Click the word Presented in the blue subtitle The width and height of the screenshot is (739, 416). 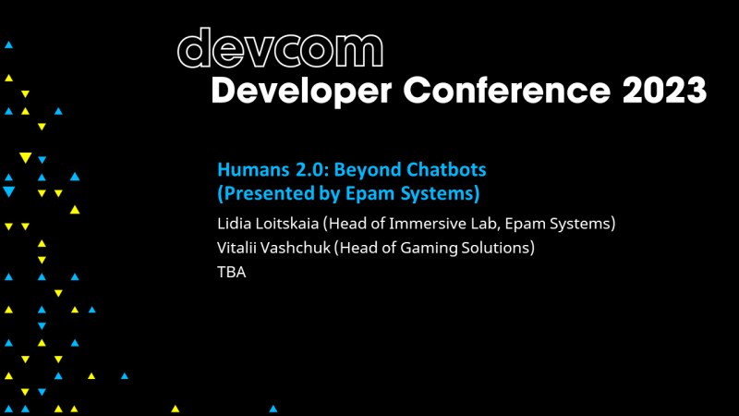262,194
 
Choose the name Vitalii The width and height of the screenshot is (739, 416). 236,248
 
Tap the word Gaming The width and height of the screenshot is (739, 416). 429,248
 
